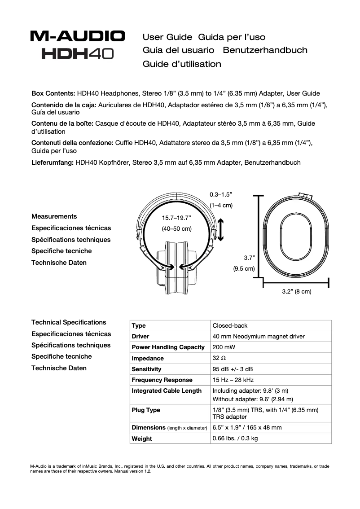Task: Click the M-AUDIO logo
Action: pyautogui.click(x=78, y=36)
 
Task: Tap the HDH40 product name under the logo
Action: pyautogui.click(x=78, y=54)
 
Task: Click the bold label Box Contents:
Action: pyautogui.click(x=53, y=93)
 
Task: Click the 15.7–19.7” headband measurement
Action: pyautogui.click(x=176, y=218)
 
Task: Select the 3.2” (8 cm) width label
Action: pyautogui.click(x=296, y=291)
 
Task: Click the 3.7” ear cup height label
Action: pyautogui.click(x=249, y=258)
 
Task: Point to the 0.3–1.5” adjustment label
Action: pyautogui.click(x=221, y=194)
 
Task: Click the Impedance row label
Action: pyautogui.click(x=148, y=358)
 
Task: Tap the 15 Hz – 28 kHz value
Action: pyautogui.click(x=233, y=380)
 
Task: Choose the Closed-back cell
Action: pyautogui.click(x=230, y=325)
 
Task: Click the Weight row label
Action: pyautogui.click(x=142, y=439)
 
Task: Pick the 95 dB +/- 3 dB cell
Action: pyautogui.click(x=233, y=369)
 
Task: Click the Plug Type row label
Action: pyautogui.click(x=146, y=410)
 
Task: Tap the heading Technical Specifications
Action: pyautogui.click(x=69, y=322)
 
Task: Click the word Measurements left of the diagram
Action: pyautogui.click(x=54, y=216)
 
